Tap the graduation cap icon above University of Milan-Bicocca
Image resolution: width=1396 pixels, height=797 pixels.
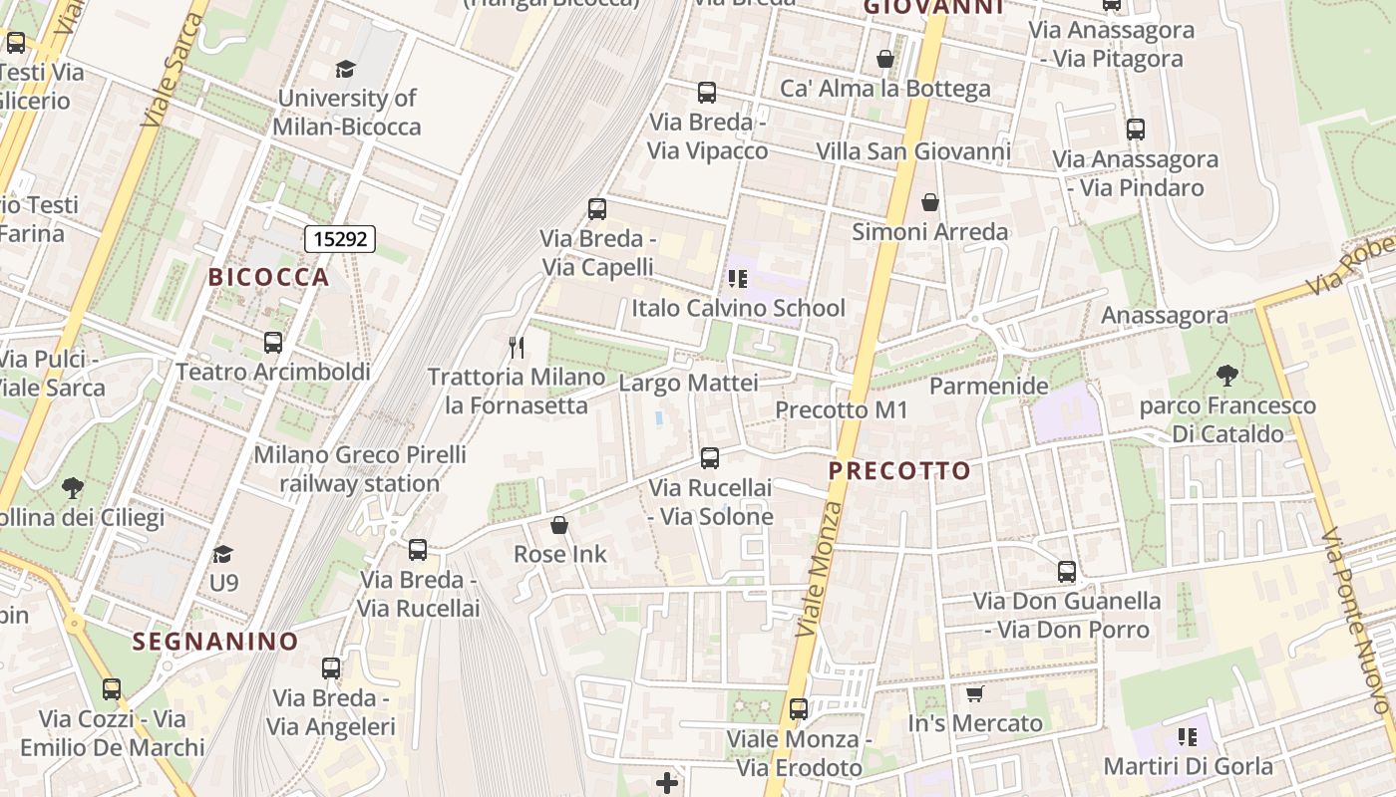pos(346,69)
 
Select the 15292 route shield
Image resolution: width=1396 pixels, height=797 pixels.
pos(339,239)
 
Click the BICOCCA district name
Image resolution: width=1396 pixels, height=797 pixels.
pos(268,277)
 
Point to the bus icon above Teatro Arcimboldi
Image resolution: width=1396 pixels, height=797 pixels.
pos(273,343)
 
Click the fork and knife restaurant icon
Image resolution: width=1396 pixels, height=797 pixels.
pos(516,348)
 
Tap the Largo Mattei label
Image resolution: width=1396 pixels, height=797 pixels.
pos(688,383)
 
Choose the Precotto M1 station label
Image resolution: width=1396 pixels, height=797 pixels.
pos(842,409)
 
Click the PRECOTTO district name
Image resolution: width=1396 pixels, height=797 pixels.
pos(899,471)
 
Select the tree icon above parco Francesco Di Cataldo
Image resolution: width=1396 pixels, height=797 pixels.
pos(1227,376)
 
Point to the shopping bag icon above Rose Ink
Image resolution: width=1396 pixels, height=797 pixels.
pos(559,525)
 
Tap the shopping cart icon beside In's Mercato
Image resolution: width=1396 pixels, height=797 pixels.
pos(975,693)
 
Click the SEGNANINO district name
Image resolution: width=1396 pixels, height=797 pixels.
pos(215,642)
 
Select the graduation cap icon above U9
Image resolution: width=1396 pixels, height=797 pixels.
pos(223,553)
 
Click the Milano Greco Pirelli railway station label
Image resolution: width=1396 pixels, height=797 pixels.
pos(359,469)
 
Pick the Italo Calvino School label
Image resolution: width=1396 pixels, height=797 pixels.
pos(738,308)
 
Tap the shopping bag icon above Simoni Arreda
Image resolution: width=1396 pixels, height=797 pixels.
pos(930,202)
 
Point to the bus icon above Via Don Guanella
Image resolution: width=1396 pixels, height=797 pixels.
pos(1067,572)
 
